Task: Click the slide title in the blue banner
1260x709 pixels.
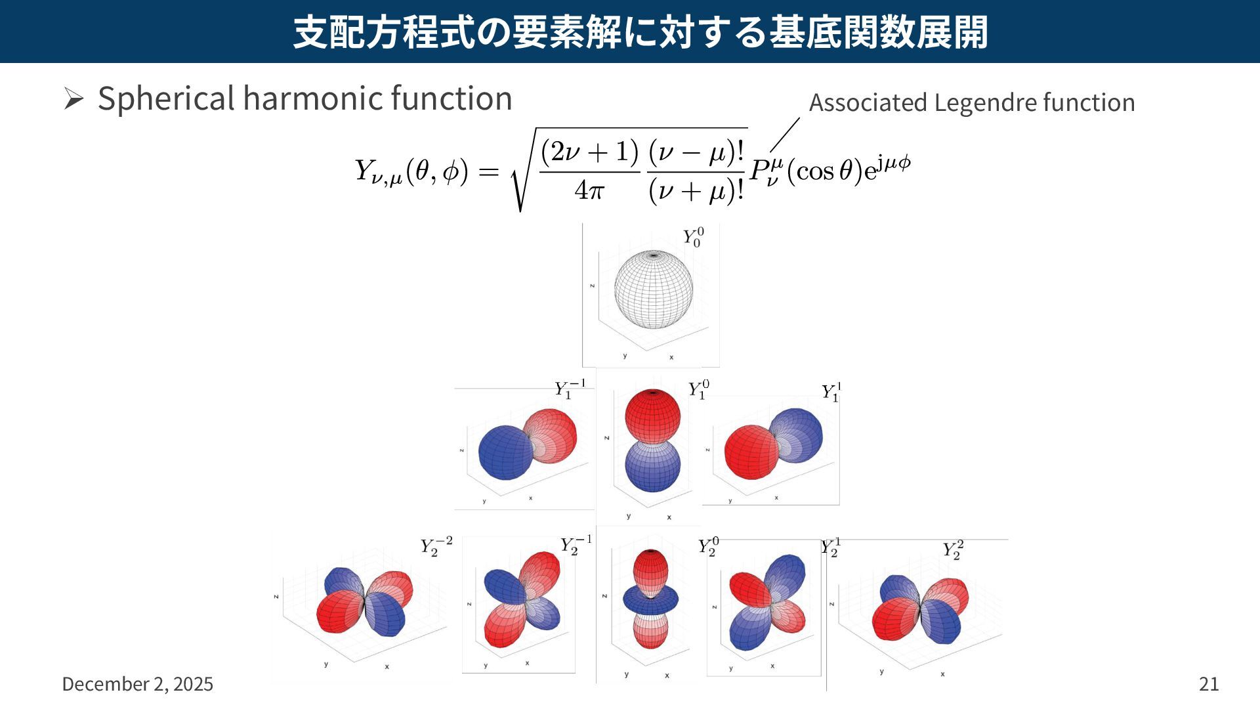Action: point(640,32)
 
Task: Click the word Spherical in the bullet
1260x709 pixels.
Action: point(166,99)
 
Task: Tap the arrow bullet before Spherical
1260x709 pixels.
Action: point(73,99)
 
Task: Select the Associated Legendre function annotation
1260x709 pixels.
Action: point(971,102)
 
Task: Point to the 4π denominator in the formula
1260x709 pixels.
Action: point(589,190)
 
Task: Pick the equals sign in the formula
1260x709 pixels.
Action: point(488,172)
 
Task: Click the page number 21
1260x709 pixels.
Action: point(1209,684)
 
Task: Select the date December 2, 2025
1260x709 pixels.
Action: point(137,684)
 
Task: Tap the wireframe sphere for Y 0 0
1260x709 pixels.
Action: point(653,290)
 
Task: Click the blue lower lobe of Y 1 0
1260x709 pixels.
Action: point(652,466)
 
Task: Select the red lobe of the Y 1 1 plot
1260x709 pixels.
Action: point(751,452)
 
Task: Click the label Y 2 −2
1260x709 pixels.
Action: point(436,546)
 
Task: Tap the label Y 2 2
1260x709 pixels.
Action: point(953,550)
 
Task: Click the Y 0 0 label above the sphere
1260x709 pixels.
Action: point(693,238)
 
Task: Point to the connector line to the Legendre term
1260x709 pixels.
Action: point(785,134)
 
